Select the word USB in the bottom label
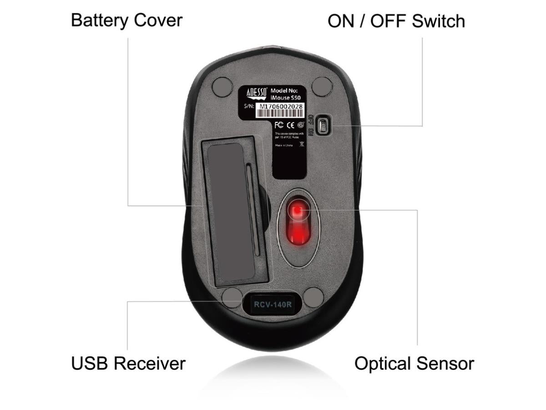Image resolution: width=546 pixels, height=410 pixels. [x=89, y=364]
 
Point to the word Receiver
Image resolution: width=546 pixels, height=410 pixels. [x=149, y=364]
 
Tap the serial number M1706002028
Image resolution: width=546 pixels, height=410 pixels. [x=279, y=107]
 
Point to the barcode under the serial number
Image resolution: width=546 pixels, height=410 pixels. [x=279, y=114]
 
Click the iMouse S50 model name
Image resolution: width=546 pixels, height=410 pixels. [x=286, y=97]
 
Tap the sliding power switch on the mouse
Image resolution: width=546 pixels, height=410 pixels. [x=323, y=125]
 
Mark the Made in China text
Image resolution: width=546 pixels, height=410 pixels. [x=283, y=145]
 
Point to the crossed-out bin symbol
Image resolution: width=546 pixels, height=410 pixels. [x=301, y=144]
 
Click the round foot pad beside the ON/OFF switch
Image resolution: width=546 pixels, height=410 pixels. [x=322, y=87]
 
